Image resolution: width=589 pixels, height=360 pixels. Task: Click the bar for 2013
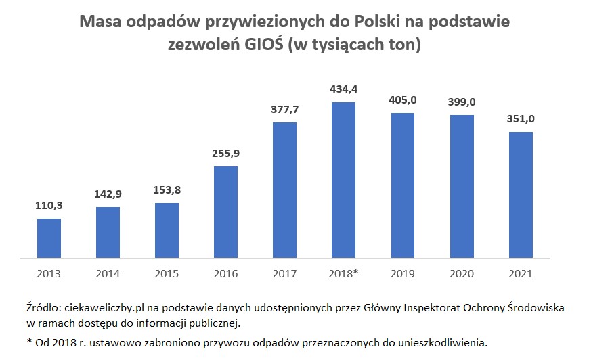[49, 238]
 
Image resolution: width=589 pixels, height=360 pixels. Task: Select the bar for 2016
[225, 212]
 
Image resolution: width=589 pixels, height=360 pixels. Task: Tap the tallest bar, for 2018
[343, 180]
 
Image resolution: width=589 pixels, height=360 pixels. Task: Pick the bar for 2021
[520, 195]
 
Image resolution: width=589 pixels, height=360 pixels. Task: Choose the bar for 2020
[461, 187]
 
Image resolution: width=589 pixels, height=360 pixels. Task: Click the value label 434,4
[343, 89]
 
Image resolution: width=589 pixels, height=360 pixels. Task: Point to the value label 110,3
[49, 205]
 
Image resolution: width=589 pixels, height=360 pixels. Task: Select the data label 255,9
[225, 154]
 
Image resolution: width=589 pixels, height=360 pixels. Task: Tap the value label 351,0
[520, 119]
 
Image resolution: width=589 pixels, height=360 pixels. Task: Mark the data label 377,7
[284, 110]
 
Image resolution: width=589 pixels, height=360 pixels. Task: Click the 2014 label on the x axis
[108, 274]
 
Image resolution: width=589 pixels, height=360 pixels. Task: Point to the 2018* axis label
[343, 274]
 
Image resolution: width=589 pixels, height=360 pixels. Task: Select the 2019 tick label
[402, 274]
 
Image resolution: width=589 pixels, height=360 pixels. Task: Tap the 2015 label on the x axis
[167, 274]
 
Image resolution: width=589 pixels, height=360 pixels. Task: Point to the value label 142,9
[108, 194]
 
